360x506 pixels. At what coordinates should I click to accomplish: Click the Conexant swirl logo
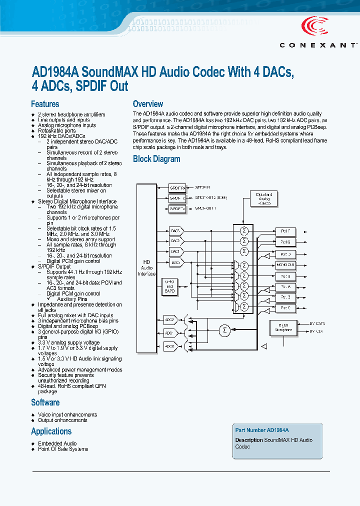point(314,26)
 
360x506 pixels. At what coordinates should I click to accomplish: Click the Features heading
point(45,104)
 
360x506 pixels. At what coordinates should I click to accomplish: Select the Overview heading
point(147,104)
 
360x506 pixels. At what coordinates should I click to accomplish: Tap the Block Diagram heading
point(156,159)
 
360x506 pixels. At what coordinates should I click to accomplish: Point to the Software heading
point(45,402)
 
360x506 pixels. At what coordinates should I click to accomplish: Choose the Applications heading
point(51,431)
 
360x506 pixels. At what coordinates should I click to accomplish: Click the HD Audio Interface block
point(147,267)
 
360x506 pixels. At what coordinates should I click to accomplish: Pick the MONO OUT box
point(285,265)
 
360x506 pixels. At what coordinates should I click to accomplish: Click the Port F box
point(285,231)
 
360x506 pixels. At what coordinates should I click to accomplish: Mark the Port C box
point(285,308)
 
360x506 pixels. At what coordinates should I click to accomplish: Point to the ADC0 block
point(170,345)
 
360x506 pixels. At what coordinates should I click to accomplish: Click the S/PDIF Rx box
point(177,188)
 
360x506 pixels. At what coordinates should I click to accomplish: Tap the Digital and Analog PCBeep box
point(264,198)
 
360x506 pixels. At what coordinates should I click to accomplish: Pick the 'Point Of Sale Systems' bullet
point(63,449)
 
